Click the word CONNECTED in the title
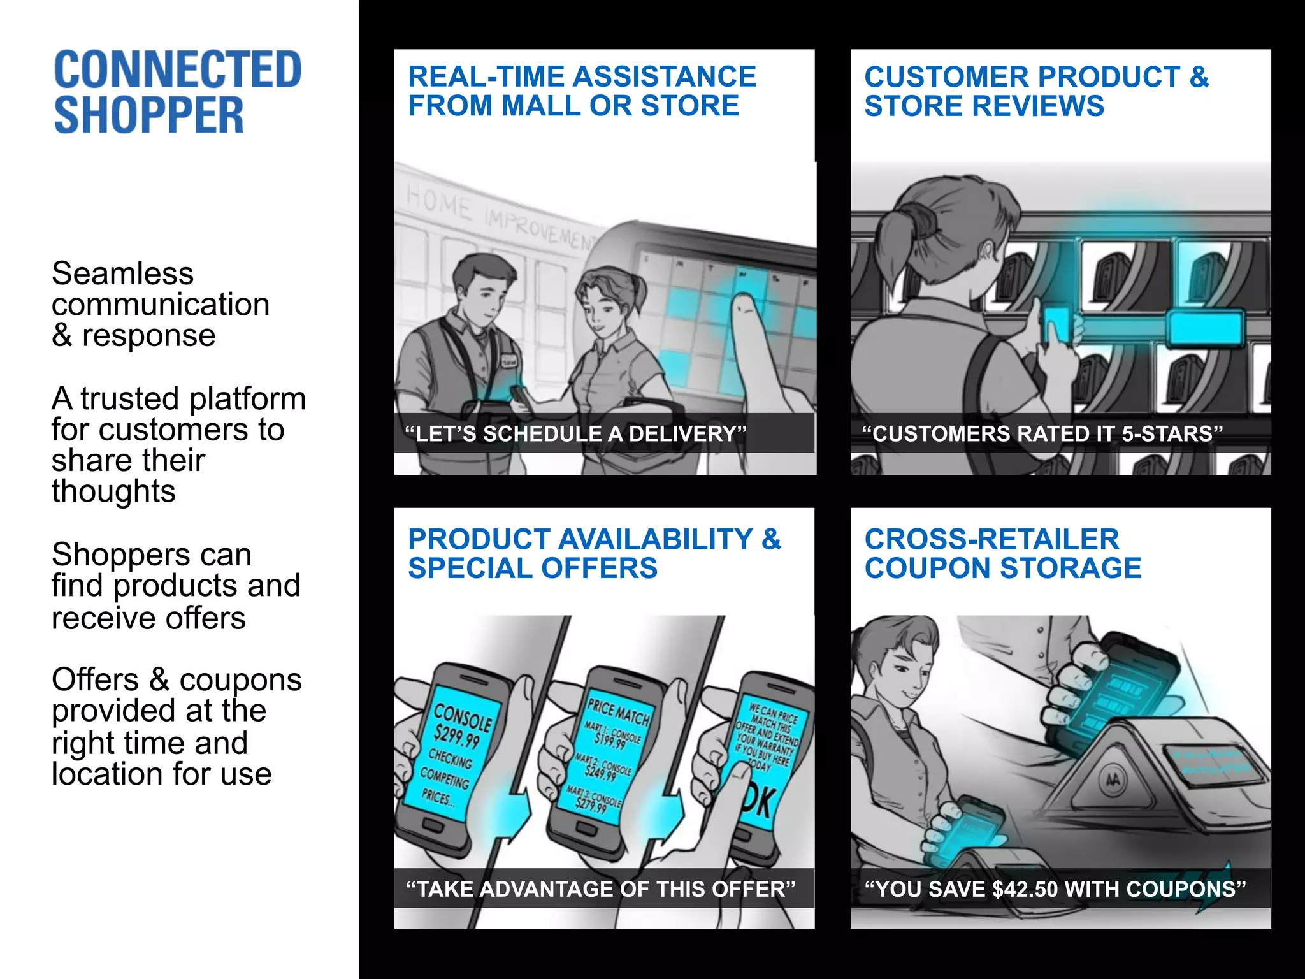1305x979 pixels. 177,70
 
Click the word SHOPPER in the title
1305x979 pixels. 148,116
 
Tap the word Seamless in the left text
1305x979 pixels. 122,274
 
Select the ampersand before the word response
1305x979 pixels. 61,336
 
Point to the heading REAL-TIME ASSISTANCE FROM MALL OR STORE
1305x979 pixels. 581,91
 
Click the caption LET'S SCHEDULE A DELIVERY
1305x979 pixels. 575,434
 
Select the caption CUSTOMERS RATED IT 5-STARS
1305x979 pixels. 1042,434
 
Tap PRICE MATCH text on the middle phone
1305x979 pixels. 617,711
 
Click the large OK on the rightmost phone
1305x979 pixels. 759,804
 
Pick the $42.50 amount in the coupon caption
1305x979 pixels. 1025,889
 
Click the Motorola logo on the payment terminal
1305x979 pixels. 1113,779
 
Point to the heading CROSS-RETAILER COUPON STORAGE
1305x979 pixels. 1002,554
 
